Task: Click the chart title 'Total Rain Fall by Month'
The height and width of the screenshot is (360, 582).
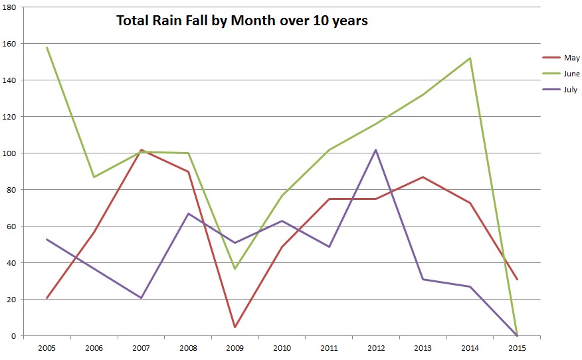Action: (242, 21)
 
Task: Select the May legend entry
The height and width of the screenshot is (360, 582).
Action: (571, 58)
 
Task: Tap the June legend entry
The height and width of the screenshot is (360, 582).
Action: (571, 74)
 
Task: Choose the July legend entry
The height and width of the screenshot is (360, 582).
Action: (571, 90)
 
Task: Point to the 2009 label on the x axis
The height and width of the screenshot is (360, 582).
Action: (235, 348)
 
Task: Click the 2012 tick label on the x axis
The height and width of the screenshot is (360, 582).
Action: (376, 348)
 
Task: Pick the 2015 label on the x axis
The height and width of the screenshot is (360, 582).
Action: (518, 348)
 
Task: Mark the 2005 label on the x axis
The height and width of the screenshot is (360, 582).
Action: (47, 348)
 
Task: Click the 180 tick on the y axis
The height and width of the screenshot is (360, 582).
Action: (12, 7)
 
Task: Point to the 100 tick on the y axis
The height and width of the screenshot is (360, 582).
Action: (12, 153)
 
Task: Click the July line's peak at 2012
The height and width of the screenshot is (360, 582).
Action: (376, 149)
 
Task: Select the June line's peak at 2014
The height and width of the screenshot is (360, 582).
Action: (470, 58)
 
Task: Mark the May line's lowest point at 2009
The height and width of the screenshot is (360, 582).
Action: (235, 327)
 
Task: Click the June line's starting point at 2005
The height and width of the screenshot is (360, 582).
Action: (47, 47)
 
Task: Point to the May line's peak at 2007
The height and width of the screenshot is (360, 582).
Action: (141, 149)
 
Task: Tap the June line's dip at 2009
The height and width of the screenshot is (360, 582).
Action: (235, 268)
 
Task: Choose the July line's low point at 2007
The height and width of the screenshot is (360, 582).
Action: (141, 298)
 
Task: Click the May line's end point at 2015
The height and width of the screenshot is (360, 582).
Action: (518, 279)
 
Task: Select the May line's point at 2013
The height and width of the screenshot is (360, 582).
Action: (423, 177)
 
